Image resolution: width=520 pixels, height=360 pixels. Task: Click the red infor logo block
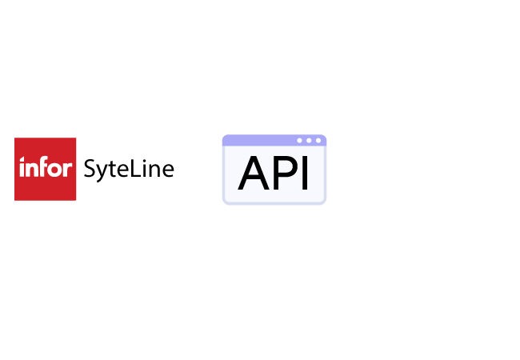coord(45,169)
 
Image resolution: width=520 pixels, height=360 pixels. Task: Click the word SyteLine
coord(128,169)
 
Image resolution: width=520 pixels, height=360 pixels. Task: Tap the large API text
coord(274,174)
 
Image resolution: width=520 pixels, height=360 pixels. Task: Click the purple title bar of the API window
coord(264,141)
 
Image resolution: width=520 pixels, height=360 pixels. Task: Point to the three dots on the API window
coord(309,141)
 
